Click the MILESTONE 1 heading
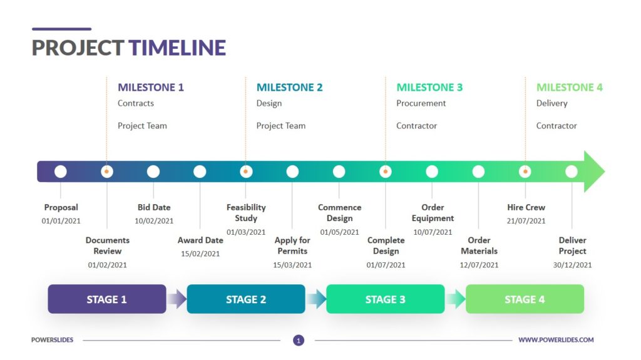point(151,88)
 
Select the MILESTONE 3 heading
point(429,88)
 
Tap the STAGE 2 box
point(246,299)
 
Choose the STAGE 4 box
point(525,299)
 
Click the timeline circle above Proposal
point(61,172)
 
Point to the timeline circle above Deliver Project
point(572,172)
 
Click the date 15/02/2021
point(200,254)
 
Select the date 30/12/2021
point(572,265)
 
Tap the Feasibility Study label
point(246,213)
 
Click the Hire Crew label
point(526,207)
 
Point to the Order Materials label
point(479,245)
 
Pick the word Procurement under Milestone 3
point(421,103)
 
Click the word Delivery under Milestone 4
point(551,103)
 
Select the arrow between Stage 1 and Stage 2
point(177,299)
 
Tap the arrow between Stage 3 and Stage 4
point(455,299)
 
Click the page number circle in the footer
point(299,341)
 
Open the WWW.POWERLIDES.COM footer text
point(556,340)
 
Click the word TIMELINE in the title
point(177,48)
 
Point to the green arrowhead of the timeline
point(594,172)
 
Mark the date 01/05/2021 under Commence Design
point(340,232)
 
